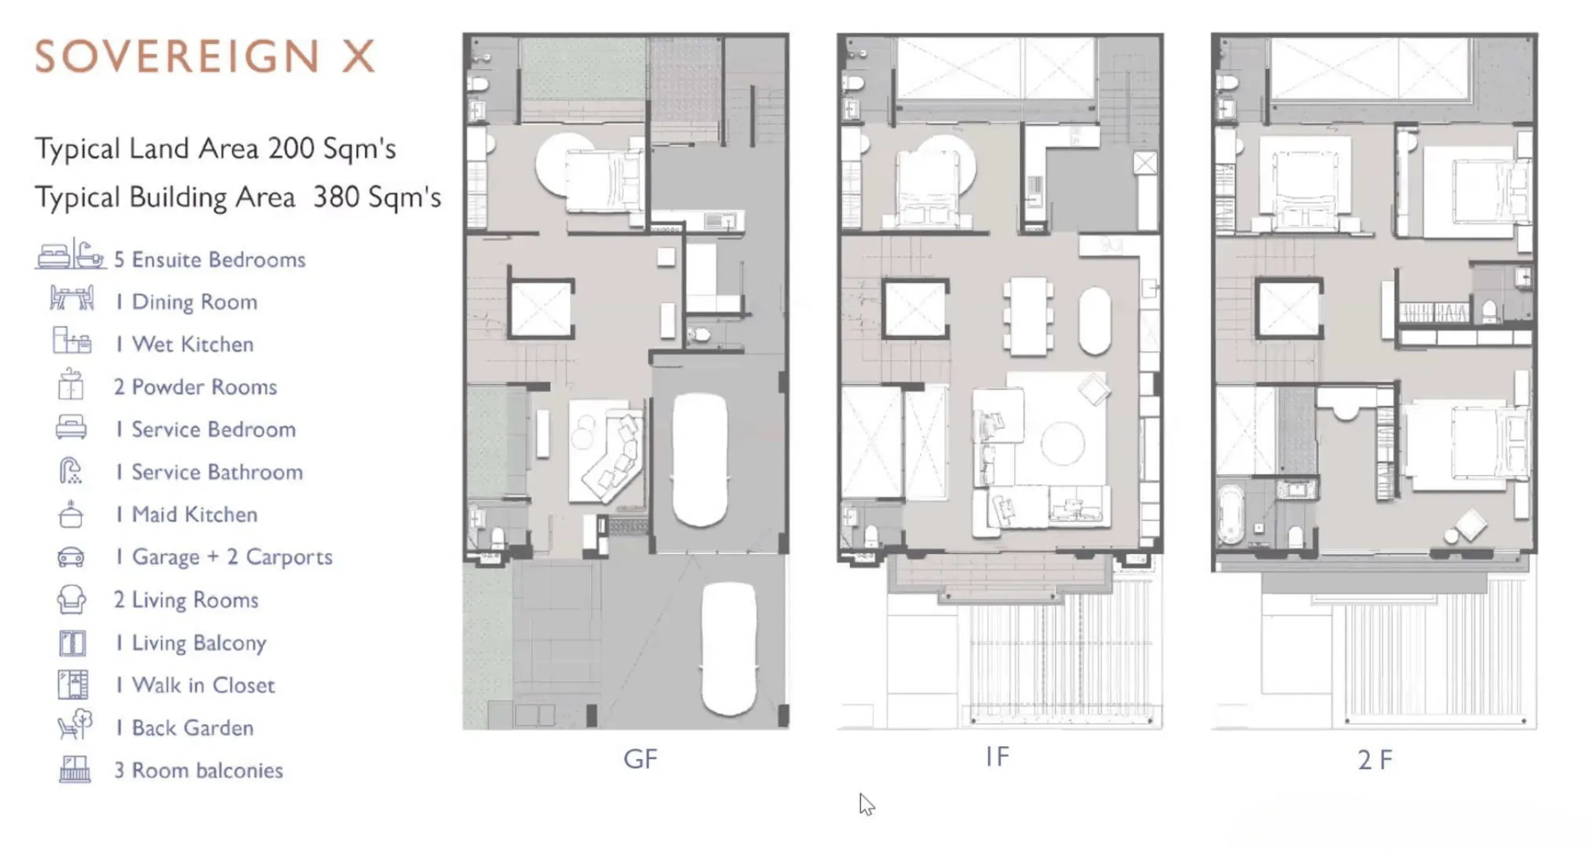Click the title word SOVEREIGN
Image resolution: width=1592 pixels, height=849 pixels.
pyautogui.click(x=177, y=56)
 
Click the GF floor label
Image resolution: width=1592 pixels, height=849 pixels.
pyautogui.click(x=640, y=759)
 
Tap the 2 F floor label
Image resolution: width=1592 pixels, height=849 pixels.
pyautogui.click(x=1375, y=759)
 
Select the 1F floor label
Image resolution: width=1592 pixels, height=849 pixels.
pyautogui.click(x=997, y=756)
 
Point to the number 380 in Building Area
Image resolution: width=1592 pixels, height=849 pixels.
pyautogui.click(x=336, y=197)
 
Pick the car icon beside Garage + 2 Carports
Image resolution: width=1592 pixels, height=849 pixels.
pyautogui.click(x=71, y=556)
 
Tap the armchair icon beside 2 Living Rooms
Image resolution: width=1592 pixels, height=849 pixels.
pyautogui.click(x=71, y=599)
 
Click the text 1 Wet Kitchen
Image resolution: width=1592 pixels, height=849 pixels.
pyautogui.click(x=185, y=344)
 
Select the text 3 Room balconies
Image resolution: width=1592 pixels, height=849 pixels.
pyautogui.click(x=199, y=770)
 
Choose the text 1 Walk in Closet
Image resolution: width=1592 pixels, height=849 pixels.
pyautogui.click(x=195, y=685)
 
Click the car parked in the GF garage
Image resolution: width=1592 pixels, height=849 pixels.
pyautogui.click(x=700, y=460)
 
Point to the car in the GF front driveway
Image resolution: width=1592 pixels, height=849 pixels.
pyautogui.click(x=729, y=649)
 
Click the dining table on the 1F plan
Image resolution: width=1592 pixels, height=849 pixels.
pyautogui.click(x=1028, y=316)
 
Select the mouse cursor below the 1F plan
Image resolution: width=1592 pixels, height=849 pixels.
pyautogui.click(x=866, y=804)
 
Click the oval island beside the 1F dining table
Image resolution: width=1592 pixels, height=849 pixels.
pyautogui.click(x=1095, y=321)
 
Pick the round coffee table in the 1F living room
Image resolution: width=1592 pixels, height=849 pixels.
pyautogui.click(x=1062, y=443)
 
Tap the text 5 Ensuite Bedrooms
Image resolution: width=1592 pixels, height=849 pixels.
pyautogui.click(x=210, y=260)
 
